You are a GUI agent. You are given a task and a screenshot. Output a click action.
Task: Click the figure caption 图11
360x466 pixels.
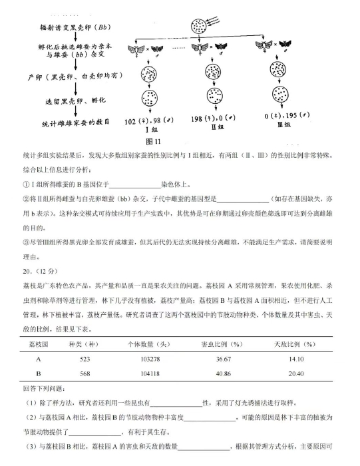tap(154, 141)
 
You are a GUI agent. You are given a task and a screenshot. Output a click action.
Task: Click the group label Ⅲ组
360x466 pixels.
tap(284, 124)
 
